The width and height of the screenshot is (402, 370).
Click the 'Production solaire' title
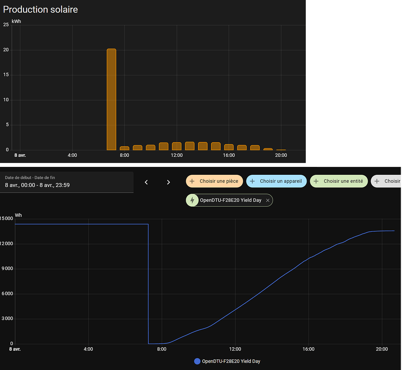(40, 9)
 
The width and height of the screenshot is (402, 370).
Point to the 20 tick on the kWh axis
(6, 50)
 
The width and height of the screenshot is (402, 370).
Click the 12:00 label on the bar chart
(177, 155)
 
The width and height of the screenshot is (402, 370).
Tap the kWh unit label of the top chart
(16, 21)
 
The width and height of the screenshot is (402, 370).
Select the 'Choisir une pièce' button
(214, 181)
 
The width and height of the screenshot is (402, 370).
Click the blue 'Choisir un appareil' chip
(276, 181)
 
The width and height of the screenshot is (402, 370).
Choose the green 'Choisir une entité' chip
(339, 181)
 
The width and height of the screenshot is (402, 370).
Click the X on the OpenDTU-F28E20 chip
(268, 200)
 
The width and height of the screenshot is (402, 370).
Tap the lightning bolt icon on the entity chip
(192, 200)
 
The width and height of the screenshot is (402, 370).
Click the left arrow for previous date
(146, 182)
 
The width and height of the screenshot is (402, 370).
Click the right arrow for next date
(168, 182)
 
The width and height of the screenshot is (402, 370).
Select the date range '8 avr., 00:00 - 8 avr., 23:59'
(37, 185)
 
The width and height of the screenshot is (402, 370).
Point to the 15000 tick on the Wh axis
(7, 218)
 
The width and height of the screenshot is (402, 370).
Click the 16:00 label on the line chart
(309, 349)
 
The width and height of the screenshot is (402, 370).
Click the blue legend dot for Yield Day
(197, 361)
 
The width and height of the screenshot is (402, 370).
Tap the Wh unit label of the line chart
(18, 215)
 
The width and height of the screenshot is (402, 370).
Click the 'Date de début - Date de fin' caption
(30, 178)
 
